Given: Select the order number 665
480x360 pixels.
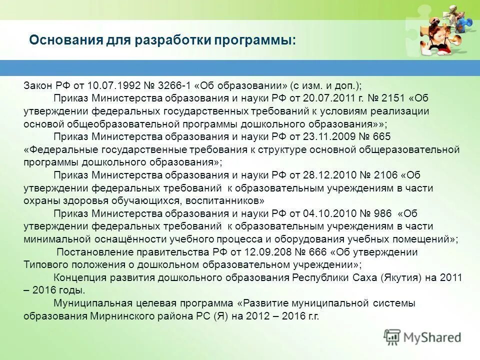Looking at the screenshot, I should click(x=382, y=136).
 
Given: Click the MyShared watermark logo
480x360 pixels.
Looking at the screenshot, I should click(x=423, y=337).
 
